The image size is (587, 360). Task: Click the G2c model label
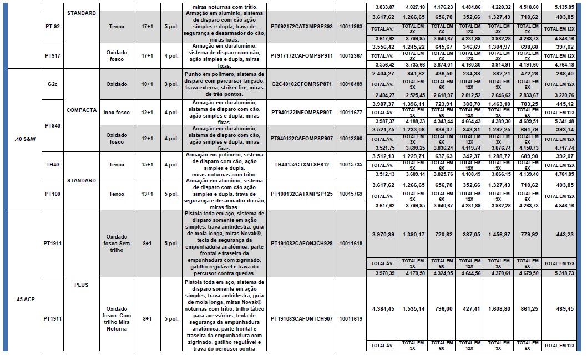(x=54, y=84)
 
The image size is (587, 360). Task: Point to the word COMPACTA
(x=82, y=110)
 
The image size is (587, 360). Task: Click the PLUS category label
(x=82, y=285)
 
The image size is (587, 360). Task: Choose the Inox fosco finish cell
(x=117, y=113)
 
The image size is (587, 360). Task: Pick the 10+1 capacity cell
(x=148, y=84)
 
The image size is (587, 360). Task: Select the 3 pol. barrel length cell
(x=171, y=84)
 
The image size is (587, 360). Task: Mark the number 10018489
(x=350, y=84)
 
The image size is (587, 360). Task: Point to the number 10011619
(x=350, y=319)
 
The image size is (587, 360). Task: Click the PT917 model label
(x=54, y=56)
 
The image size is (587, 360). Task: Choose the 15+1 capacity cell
(x=148, y=165)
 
